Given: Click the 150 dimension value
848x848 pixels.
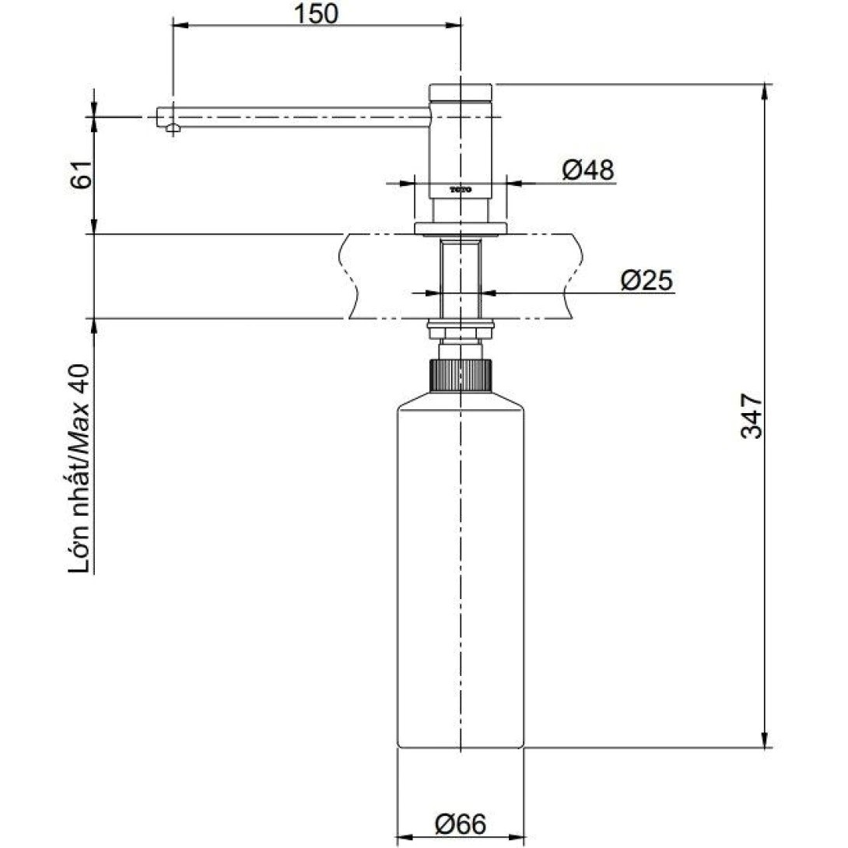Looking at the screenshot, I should click(317, 14).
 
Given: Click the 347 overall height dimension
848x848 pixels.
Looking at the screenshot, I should click(751, 416).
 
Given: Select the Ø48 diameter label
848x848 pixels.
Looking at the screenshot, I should click(587, 169).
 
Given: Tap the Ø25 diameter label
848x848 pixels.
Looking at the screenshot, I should click(646, 279).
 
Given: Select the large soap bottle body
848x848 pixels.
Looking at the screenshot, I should click(461, 576).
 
